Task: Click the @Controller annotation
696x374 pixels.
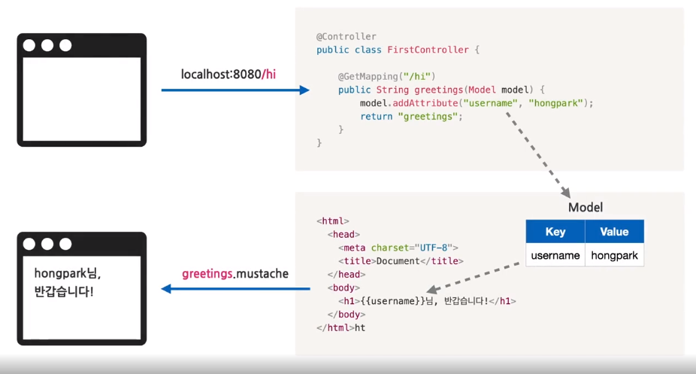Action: click(346, 36)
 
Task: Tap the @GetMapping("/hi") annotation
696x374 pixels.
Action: click(386, 77)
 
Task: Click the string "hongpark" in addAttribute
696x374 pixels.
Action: click(556, 103)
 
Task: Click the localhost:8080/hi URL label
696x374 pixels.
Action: click(228, 74)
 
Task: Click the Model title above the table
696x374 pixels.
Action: click(585, 208)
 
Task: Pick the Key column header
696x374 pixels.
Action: click(555, 232)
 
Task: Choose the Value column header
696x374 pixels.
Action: click(614, 232)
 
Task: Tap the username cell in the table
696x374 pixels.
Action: click(555, 256)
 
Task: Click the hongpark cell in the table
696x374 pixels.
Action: click(614, 256)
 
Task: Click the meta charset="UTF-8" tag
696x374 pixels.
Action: click(398, 247)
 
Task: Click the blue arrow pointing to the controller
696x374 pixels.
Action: click(235, 90)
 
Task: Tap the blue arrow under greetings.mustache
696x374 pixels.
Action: click(235, 289)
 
